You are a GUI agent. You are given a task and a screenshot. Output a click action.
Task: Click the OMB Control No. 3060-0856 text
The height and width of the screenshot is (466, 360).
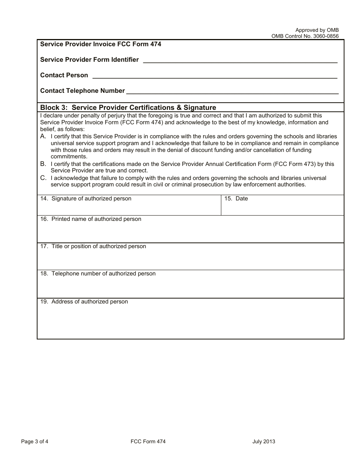(x=305, y=36)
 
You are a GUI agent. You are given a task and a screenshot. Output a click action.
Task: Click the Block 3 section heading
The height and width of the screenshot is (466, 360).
(x=128, y=108)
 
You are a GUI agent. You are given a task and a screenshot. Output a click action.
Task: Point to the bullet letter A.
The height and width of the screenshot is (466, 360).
(x=43, y=136)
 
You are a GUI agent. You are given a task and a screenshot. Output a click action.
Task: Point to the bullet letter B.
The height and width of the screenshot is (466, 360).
(x=43, y=164)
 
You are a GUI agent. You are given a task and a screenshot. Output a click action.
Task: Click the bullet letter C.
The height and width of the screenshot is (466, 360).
(x=43, y=178)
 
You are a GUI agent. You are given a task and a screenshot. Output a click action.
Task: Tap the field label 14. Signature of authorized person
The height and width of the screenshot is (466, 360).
(x=86, y=199)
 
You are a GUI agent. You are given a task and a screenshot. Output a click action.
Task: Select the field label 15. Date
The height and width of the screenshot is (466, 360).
(x=236, y=199)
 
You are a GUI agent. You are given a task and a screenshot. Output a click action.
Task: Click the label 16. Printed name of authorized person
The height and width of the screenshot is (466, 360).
(x=91, y=219)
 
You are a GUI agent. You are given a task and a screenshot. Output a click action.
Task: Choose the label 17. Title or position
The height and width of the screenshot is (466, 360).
(x=93, y=246)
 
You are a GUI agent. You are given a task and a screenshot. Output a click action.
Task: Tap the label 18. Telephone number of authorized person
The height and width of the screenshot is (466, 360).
(x=98, y=274)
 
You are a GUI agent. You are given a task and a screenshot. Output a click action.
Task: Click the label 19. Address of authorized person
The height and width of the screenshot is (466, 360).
(x=84, y=302)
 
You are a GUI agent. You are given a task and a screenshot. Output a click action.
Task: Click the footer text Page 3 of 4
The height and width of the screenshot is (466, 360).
(x=34, y=441)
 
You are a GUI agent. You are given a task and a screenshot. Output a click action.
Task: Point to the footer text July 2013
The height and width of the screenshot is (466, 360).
(x=264, y=441)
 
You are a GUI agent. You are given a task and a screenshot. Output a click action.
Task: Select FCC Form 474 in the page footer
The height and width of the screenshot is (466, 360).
(x=148, y=441)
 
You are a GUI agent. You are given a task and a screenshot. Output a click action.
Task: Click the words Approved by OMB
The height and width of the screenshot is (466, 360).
(x=317, y=30)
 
